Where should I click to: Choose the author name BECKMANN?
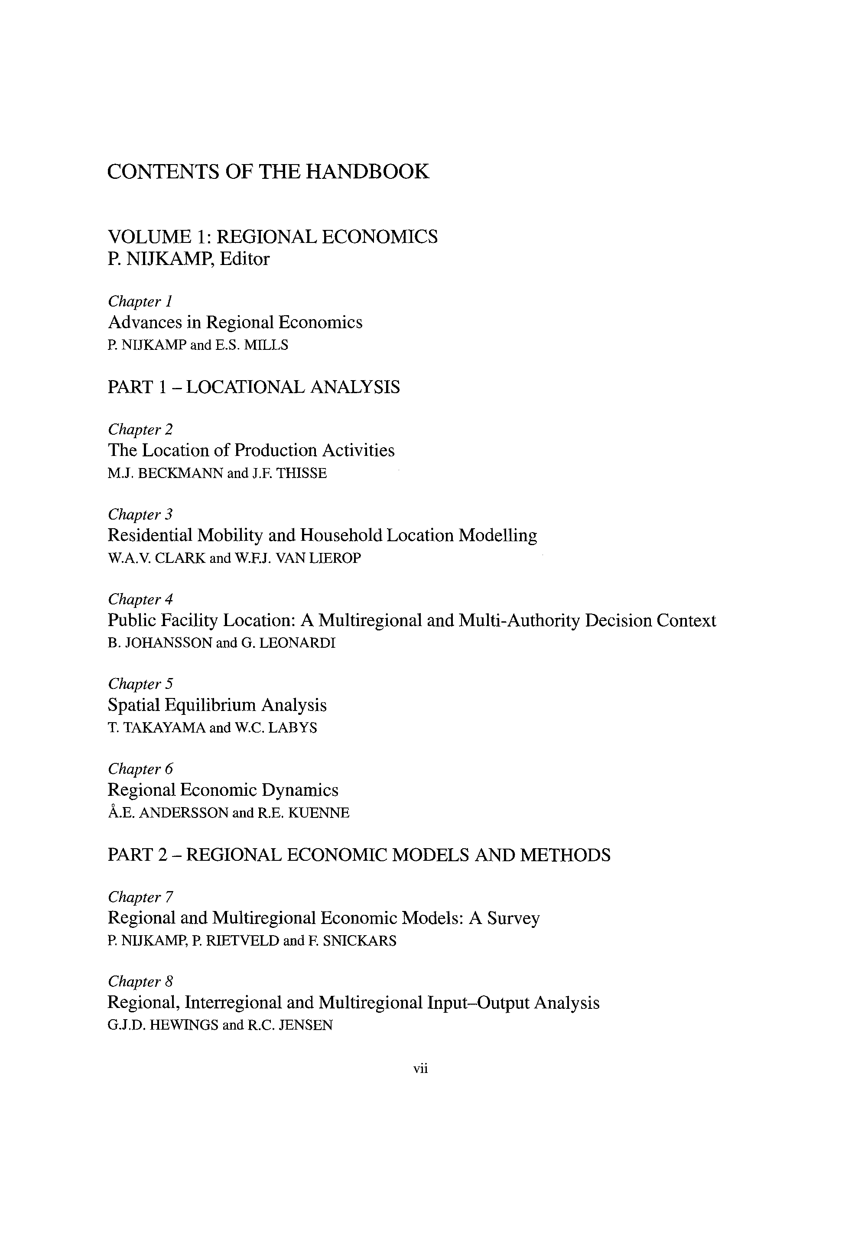point(180,473)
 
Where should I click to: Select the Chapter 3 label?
point(140,514)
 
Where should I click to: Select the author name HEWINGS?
point(184,1025)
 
